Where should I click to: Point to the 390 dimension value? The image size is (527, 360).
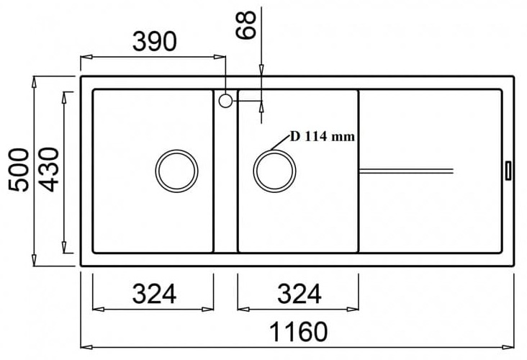point(153,42)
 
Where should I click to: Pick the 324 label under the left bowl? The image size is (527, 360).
point(153,293)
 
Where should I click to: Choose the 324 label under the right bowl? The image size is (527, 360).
point(297,293)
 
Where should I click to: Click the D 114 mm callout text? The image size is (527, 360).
point(323,137)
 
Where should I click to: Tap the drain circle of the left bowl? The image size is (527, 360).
point(176,171)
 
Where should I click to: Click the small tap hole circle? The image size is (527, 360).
point(225,101)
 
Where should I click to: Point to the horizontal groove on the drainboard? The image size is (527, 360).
point(406,170)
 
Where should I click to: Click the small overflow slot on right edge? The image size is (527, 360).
point(508,170)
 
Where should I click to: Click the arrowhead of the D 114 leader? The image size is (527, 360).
point(268,150)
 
